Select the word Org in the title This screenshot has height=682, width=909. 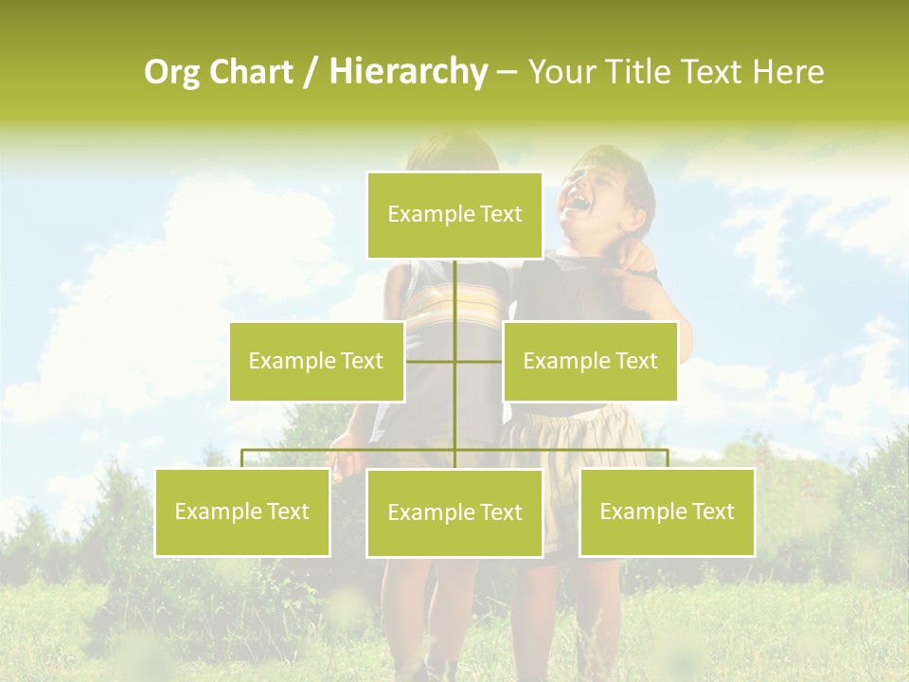[x=171, y=73]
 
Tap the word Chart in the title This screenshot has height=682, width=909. [x=250, y=73]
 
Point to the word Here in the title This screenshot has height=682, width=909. [x=788, y=73]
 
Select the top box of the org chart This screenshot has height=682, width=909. [x=454, y=215]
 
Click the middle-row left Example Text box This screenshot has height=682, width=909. [x=316, y=361]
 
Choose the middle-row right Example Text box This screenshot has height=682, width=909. [x=590, y=361]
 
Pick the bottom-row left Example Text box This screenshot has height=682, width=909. [x=242, y=511]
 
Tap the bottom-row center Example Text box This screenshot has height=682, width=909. [x=454, y=512]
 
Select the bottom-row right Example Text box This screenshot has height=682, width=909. [x=667, y=511]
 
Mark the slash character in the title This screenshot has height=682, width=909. [x=312, y=73]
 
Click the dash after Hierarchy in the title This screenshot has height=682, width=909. [x=507, y=73]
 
